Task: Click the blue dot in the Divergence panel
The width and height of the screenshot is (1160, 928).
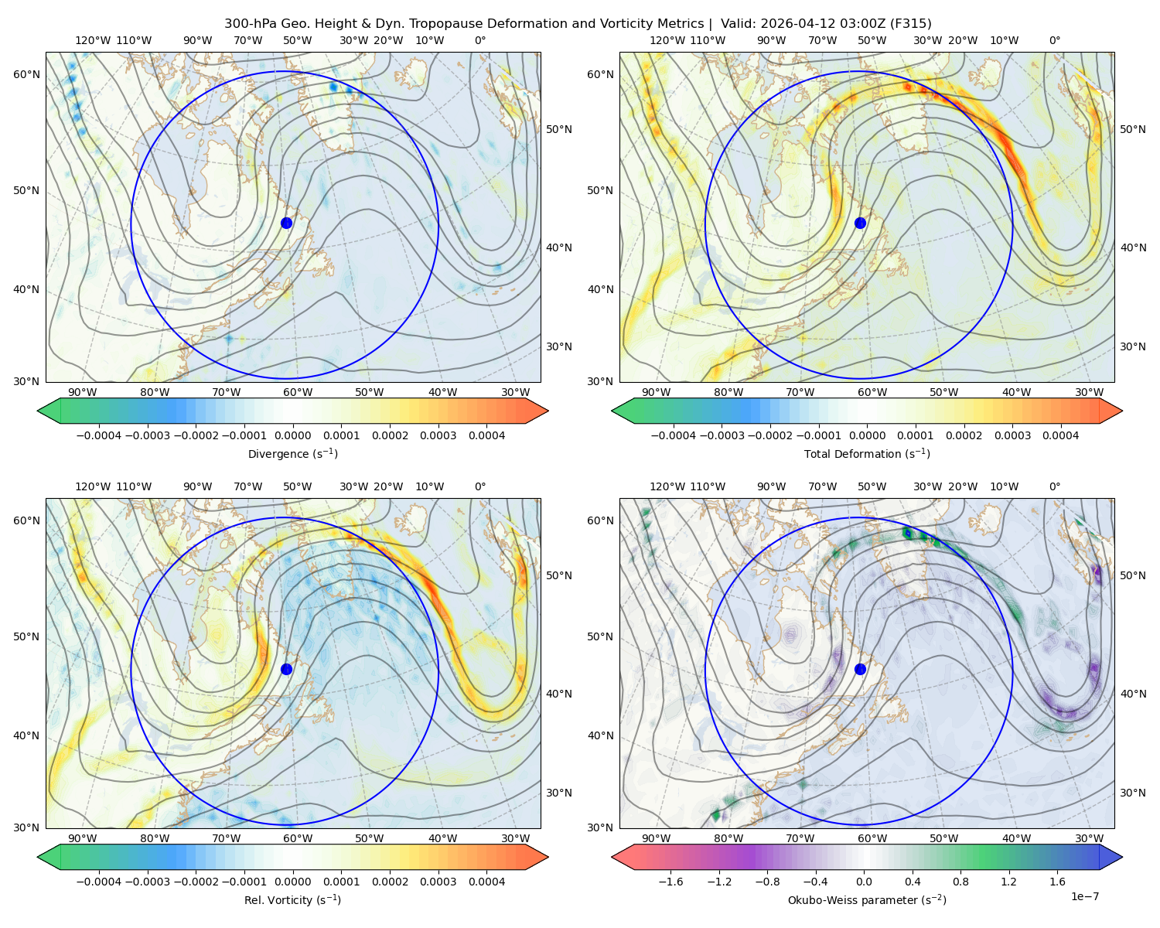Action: [286, 223]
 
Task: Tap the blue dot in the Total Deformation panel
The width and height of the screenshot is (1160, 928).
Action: [860, 223]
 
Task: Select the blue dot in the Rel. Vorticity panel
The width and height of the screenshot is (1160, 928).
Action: [286, 669]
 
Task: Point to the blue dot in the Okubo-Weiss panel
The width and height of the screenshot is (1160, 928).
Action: [860, 669]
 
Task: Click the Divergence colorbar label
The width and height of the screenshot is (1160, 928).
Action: [292, 453]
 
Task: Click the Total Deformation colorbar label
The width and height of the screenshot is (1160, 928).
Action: [867, 453]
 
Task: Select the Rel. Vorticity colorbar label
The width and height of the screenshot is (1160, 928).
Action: [292, 900]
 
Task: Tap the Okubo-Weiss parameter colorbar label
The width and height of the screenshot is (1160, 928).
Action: [867, 900]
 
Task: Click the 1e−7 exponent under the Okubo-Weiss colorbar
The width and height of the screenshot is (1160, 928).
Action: [1084, 896]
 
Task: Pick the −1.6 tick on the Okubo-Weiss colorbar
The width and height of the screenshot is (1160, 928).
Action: [670, 882]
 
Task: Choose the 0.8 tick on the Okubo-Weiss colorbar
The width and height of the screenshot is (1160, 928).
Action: [960, 882]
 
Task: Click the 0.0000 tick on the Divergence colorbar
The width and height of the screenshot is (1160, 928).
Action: [292, 435]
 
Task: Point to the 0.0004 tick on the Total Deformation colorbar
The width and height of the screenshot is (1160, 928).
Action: [1060, 435]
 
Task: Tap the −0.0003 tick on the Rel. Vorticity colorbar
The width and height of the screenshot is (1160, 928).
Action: [147, 882]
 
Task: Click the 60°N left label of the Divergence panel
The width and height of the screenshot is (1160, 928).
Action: [26, 74]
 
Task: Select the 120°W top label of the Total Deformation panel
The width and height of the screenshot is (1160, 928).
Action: [667, 40]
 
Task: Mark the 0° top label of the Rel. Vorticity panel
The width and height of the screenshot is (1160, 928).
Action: [479, 486]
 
